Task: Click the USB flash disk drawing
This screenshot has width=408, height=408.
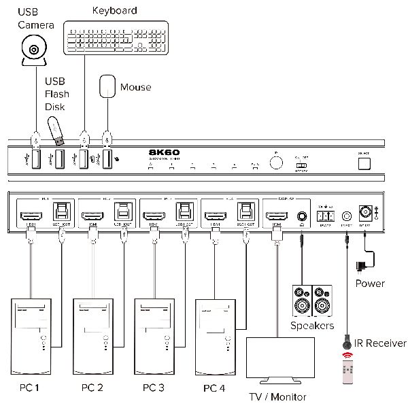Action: point(56,131)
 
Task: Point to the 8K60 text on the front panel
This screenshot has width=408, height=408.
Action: point(163,153)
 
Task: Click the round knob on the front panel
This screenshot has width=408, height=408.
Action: point(276,163)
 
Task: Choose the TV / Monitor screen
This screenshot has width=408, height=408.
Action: point(279,360)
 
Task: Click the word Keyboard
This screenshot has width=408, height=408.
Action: point(114,10)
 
